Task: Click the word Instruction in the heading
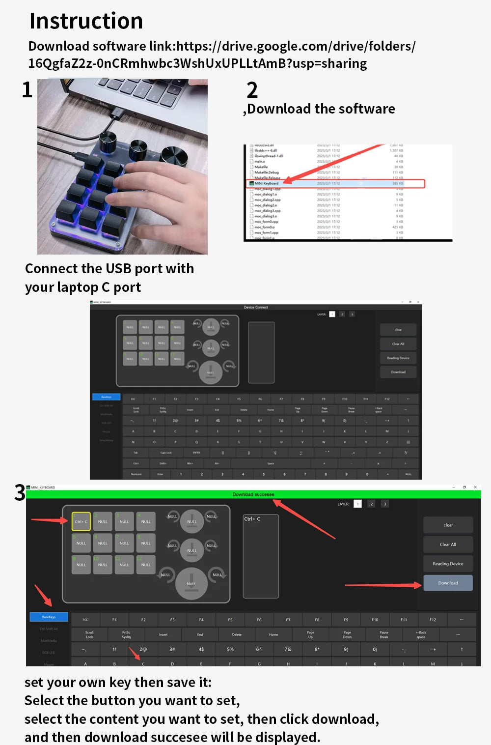(86, 21)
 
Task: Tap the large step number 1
(27, 90)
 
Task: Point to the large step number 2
(252, 90)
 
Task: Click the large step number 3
(20, 493)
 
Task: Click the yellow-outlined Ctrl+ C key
(81, 521)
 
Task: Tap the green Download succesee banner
(253, 494)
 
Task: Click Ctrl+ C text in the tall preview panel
(252, 519)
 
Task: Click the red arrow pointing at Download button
(383, 585)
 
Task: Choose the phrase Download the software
(321, 109)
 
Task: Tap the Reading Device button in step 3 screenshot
(448, 564)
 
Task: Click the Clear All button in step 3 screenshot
(448, 544)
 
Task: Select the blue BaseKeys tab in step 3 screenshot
(49, 617)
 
